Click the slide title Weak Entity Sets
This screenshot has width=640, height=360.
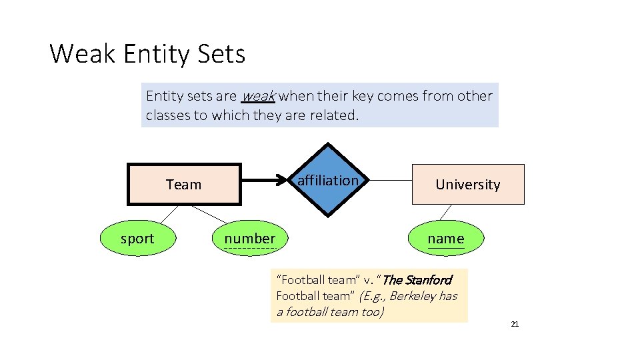(x=147, y=53)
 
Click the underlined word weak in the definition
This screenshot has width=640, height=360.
(x=258, y=96)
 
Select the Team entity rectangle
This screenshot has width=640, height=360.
(x=183, y=184)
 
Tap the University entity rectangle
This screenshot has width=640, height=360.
(x=467, y=184)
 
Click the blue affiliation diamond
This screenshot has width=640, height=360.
(x=327, y=180)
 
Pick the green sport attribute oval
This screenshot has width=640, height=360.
(x=137, y=239)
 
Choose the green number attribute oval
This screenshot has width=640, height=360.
(x=249, y=239)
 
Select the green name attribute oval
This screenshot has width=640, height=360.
(x=445, y=239)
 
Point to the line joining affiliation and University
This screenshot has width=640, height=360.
(x=390, y=180)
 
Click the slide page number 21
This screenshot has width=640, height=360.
(x=514, y=324)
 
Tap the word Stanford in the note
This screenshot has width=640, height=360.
(x=427, y=280)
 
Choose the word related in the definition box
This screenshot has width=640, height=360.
(x=335, y=115)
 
